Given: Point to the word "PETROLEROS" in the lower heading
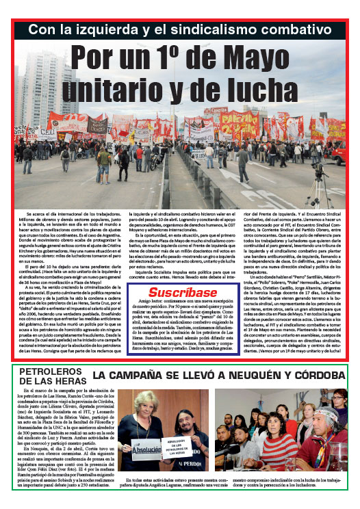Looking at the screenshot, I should click(49, 372).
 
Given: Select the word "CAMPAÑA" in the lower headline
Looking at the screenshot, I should click(146, 376).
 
